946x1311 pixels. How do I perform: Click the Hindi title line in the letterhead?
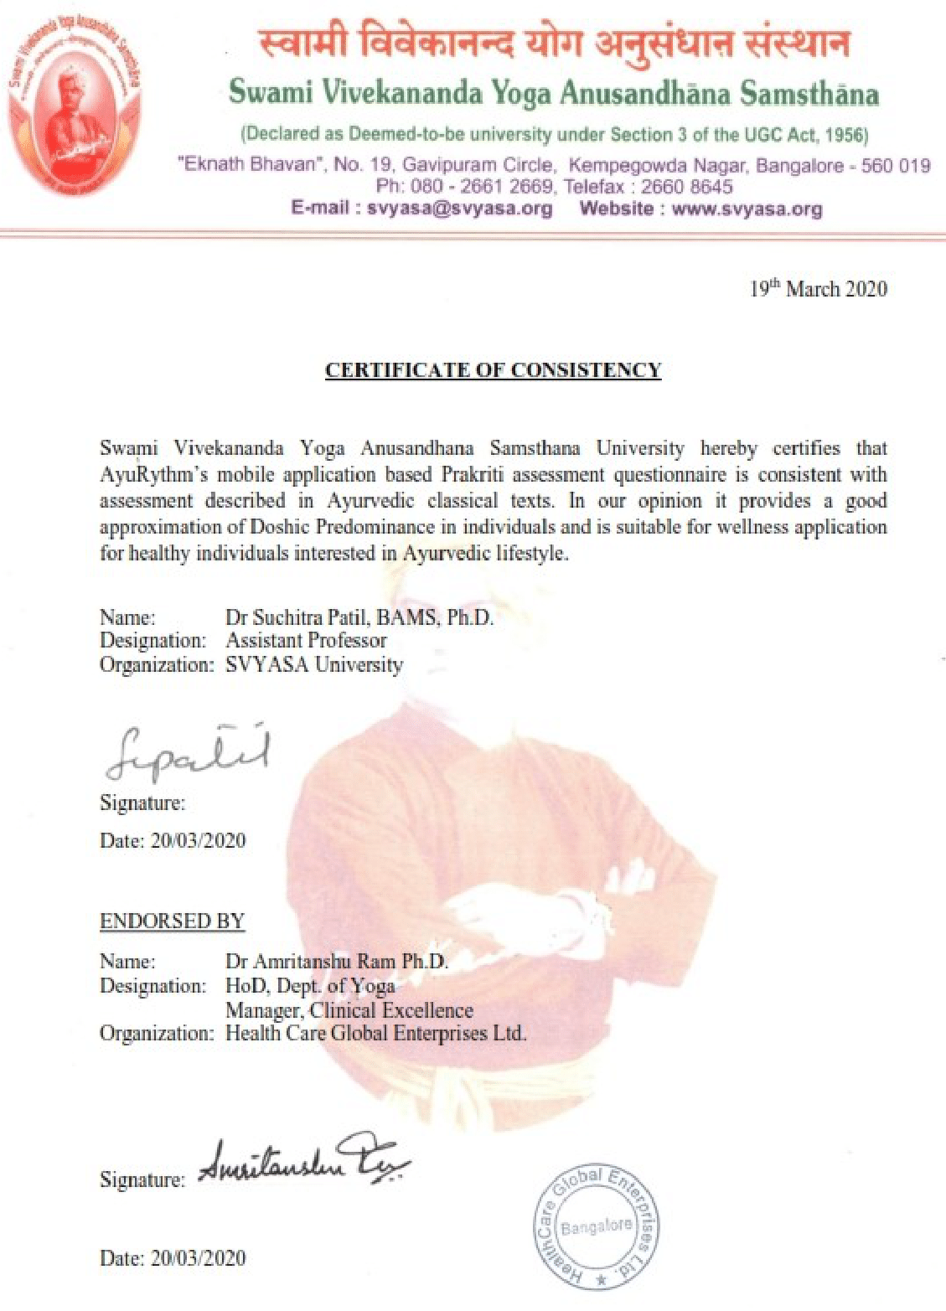(x=553, y=43)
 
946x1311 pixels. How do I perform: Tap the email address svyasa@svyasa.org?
(x=459, y=209)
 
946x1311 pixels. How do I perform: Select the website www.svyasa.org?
(x=747, y=209)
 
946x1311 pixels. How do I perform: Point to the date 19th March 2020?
(x=818, y=289)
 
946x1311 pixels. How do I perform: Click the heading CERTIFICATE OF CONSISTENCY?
(x=493, y=370)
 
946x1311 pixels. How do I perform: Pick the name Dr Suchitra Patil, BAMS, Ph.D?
(x=359, y=618)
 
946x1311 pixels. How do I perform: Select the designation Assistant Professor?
(x=306, y=641)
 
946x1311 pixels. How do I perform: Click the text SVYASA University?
(x=314, y=665)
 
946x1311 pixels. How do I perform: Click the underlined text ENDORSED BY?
(x=172, y=921)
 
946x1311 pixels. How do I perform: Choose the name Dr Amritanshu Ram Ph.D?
(x=337, y=962)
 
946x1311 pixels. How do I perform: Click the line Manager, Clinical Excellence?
(x=349, y=1010)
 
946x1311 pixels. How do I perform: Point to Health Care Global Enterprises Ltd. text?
(x=375, y=1034)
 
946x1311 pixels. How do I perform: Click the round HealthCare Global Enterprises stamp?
(x=597, y=1227)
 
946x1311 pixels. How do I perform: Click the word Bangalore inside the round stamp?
(x=597, y=1227)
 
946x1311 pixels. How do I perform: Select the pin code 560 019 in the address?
(x=896, y=165)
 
